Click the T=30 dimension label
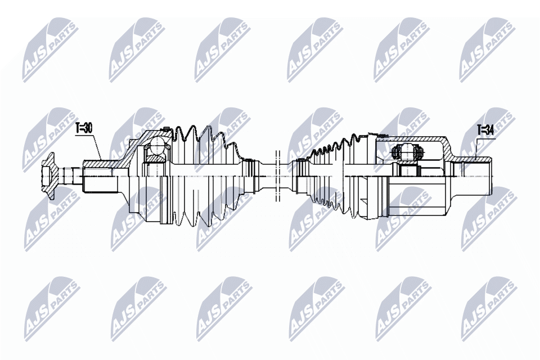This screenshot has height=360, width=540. coord(84,128)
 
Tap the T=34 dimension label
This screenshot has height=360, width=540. coord(484,130)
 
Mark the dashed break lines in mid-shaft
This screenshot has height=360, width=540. coord(277,176)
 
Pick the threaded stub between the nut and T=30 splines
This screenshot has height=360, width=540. coord(72,175)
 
